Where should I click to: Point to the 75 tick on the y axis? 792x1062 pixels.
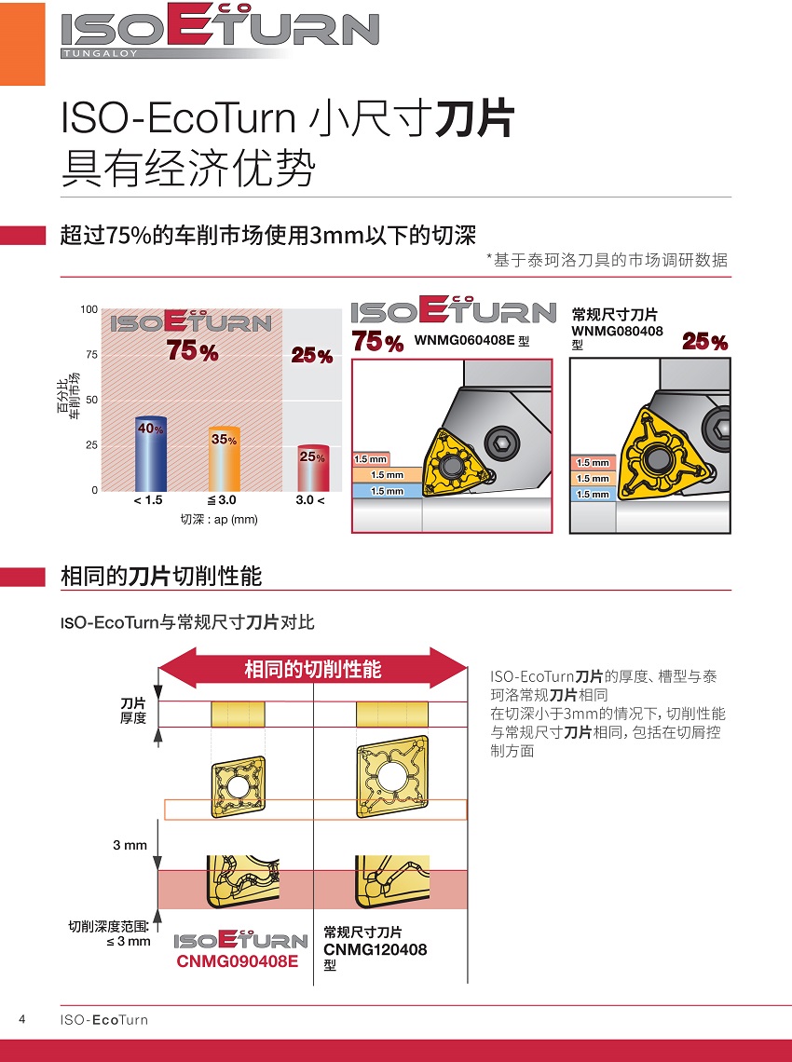(x=91, y=354)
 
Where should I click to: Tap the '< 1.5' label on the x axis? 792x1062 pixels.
(x=148, y=501)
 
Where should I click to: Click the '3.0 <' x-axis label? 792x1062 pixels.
(x=310, y=501)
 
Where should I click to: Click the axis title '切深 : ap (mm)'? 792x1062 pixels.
(x=219, y=519)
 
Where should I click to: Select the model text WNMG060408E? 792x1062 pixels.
(x=464, y=342)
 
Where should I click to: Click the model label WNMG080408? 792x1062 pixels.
(x=617, y=332)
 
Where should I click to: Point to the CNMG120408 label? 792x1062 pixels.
(x=375, y=949)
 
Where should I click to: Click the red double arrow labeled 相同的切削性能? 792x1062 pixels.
(x=313, y=670)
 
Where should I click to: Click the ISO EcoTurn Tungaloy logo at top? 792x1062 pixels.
(x=219, y=33)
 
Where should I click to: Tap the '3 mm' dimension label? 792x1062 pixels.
(x=130, y=845)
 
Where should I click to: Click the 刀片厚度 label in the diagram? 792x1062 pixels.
(x=133, y=711)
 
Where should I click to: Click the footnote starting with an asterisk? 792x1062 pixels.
(x=607, y=261)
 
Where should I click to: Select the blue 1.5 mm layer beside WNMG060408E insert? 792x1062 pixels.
(x=387, y=491)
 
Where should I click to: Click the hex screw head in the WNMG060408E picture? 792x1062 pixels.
(x=503, y=440)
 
